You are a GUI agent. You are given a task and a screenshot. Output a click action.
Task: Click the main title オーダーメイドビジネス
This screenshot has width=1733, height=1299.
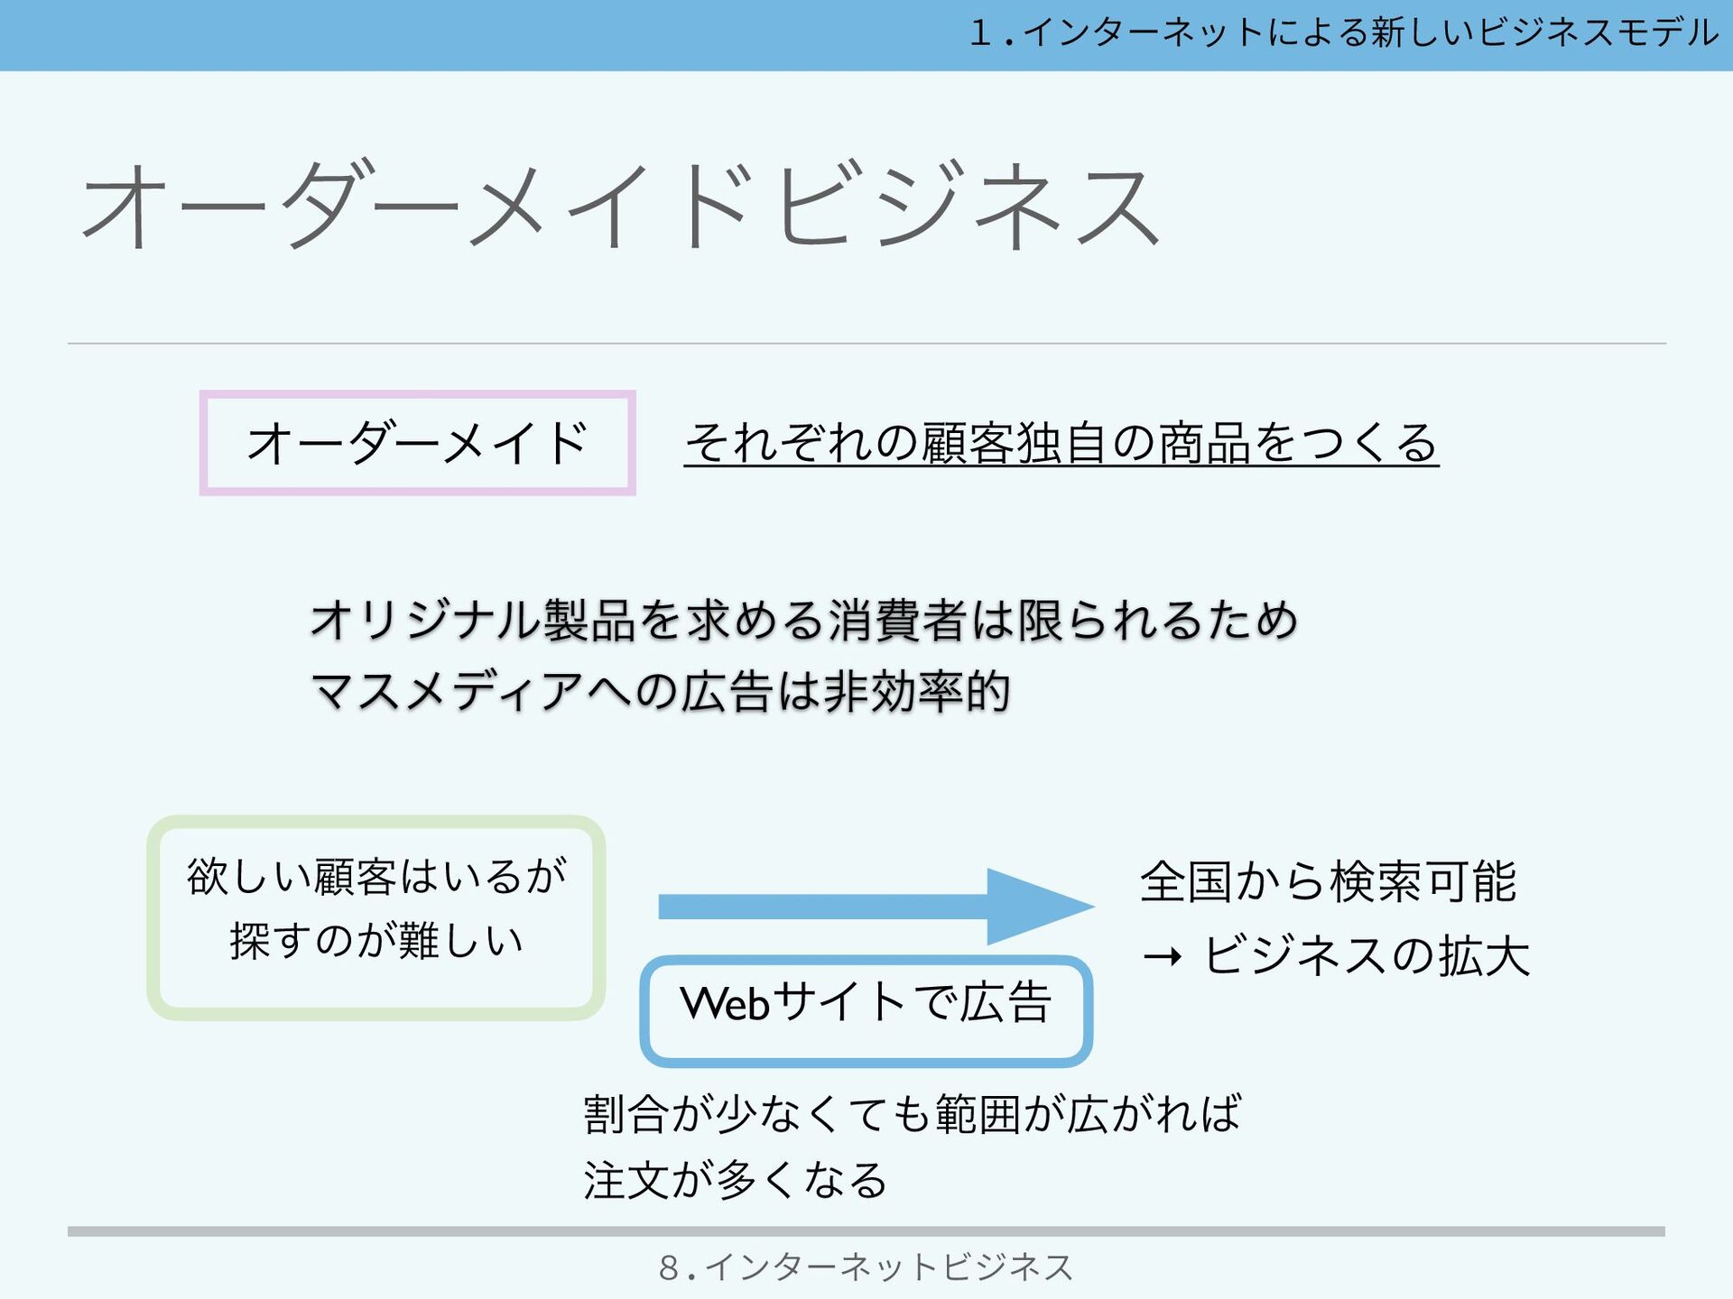[x=621, y=206]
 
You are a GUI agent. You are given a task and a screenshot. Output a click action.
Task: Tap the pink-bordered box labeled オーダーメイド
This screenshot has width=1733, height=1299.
[x=417, y=443]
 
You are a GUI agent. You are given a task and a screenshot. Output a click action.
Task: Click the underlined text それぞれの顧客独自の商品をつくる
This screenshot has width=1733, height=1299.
[x=1061, y=443]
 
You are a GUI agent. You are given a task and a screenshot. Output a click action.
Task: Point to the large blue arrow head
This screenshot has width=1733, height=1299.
[x=1038, y=907]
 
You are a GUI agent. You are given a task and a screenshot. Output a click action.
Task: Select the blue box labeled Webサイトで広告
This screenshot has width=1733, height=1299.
[x=866, y=1010]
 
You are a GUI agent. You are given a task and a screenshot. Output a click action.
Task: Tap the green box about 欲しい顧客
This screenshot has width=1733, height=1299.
[x=375, y=917]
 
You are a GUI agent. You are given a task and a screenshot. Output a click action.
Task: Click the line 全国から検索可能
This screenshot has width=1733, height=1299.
[x=1328, y=881]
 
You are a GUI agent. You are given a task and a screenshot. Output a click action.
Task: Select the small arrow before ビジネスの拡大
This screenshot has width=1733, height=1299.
[x=1163, y=956]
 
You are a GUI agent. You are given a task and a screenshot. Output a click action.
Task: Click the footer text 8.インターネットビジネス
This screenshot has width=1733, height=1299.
[x=866, y=1267]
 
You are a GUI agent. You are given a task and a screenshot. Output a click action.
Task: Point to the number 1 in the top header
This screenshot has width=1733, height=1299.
[x=981, y=33]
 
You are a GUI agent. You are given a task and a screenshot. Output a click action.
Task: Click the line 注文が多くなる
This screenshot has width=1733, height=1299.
[x=735, y=1180]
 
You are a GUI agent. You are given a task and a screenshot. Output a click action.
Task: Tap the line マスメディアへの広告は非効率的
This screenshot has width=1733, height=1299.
[x=660, y=692]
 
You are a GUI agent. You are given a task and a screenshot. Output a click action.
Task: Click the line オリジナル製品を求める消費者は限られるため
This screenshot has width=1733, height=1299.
[x=803, y=621]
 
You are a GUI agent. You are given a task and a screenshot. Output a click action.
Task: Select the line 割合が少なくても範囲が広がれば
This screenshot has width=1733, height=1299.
[x=913, y=1113]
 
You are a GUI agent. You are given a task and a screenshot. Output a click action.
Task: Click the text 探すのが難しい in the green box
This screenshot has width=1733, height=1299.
[x=376, y=941]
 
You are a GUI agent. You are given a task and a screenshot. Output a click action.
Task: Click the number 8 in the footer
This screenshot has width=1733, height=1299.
[x=669, y=1267]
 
